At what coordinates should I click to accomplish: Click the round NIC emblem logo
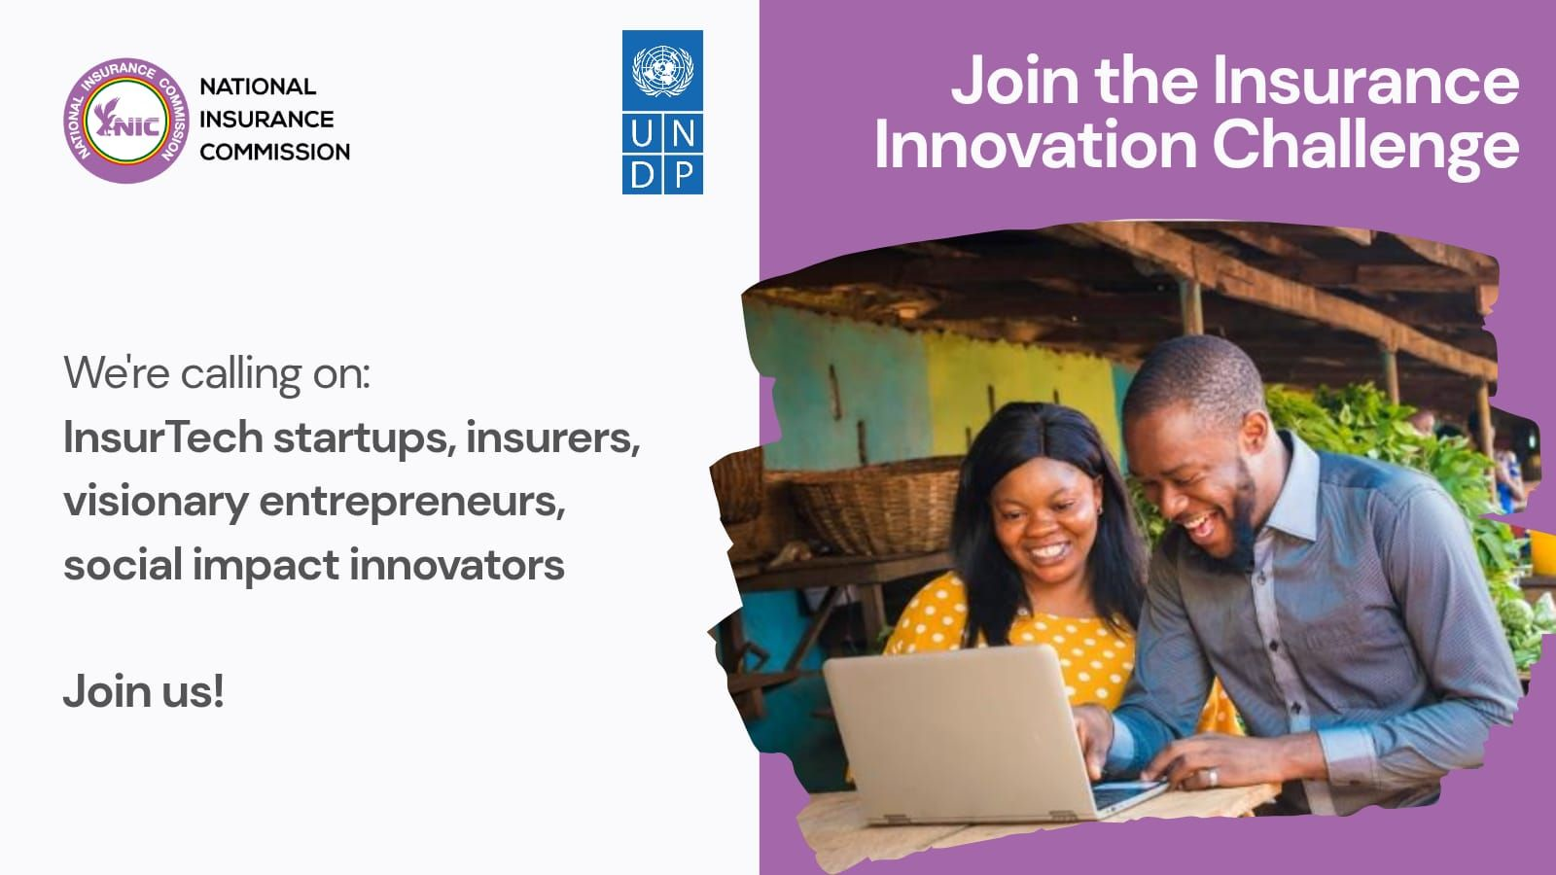pyautogui.click(x=125, y=121)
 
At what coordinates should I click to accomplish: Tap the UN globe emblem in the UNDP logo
pyautogui.click(x=662, y=70)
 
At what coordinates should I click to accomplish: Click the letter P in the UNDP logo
pyautogui.click(x=684, y=174)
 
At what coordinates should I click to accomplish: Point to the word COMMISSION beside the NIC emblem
pyautogui.click(x=275, y=152)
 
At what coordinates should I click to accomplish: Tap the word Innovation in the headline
pyautogui.click(x=1036, y=145)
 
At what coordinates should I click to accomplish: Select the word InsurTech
pyautogui.click(x=163, y=437)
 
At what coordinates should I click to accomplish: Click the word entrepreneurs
pyautogui.click(x=412, y=503)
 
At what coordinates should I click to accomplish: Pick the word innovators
pyautogui.click(x=456, y=564)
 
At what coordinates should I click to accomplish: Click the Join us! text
pyautogui.click(x=144, y=691)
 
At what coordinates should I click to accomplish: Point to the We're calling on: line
pyautogui.click(x=217, y=373)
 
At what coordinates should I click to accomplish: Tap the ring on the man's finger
pyautogui.click(x=1212, y=776)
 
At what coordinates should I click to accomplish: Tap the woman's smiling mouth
pyautogui.click(x=1049, y=552)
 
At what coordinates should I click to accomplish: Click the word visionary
pyautogui.click(x=157, y=503)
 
